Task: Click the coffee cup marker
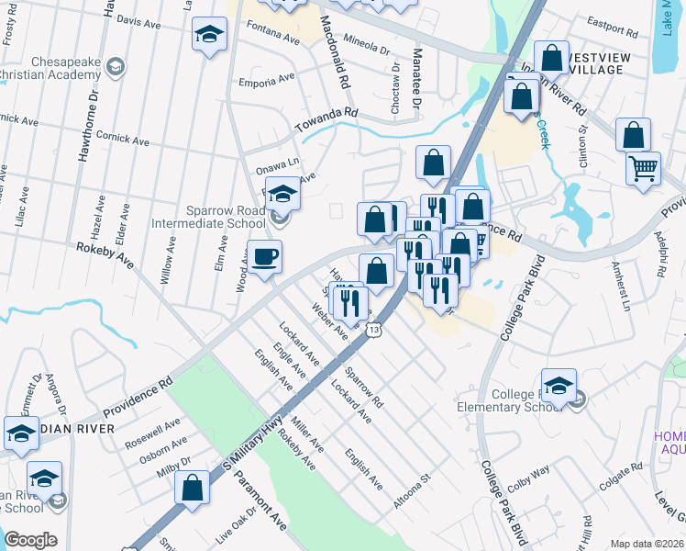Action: [x=265, y=257]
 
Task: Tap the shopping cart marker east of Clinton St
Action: [x=643, y=168]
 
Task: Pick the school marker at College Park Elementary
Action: [x=559, y=387]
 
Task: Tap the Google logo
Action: [x=30, y=539]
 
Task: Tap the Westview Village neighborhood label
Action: [x=611, y=61]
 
